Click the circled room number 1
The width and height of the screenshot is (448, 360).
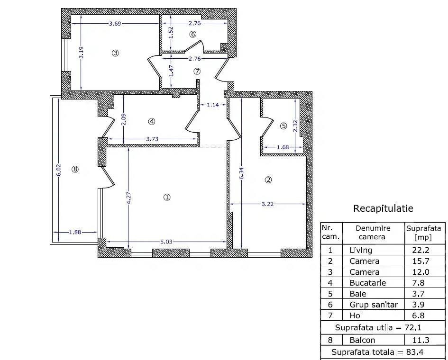tap(167, 197)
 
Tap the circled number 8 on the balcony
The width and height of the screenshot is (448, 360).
tap(75, 169)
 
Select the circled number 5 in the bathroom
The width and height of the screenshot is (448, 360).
tap(283, 126)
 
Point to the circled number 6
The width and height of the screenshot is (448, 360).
tap(193, 34)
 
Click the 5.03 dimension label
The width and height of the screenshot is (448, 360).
tap(166, 242)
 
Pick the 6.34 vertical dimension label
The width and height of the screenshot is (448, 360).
tap(242, 173)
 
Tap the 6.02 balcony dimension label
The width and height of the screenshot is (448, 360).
tap(59, 170)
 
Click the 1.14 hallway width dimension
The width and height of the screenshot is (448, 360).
tap(213, 105)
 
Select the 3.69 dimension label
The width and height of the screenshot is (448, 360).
tap(115, 23)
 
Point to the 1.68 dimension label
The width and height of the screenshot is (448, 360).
tap(283, 147)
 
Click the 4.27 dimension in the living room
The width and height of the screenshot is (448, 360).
tap(129, 198)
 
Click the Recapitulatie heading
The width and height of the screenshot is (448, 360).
tap(383, 208)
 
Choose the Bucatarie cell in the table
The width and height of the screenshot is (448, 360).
tap(368, 283)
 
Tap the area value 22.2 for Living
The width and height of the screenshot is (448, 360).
tap(421, 250)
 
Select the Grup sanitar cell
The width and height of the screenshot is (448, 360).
tap(374, 305)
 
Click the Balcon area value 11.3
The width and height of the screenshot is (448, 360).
tap(421, 340)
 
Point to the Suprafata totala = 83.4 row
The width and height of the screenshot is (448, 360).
tap(377, 352)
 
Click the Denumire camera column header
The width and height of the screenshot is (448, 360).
tap(373, 233)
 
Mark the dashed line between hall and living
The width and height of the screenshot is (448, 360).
tap(213, 147)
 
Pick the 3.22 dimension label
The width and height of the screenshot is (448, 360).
tap(267, 204)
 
